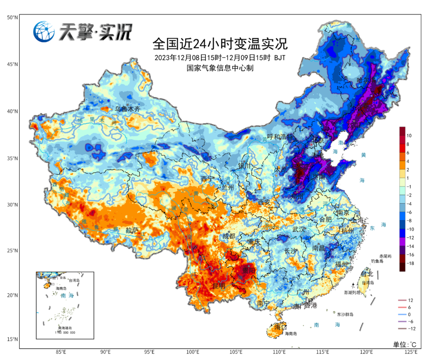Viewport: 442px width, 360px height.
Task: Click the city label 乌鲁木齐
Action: pos(128,109)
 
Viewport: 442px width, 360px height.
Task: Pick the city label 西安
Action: pos(264,202)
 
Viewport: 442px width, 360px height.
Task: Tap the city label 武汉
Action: pos(299,229)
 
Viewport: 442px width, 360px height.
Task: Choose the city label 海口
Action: pos(280,327)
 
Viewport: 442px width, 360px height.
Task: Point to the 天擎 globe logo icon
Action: pos(44,32)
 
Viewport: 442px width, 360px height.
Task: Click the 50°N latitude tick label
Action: pos(12,18)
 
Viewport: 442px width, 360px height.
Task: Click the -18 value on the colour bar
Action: pos(410,264)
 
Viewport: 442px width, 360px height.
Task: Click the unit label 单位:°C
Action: pos(405,344)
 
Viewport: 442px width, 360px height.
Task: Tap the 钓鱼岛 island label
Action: pos(377,261)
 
